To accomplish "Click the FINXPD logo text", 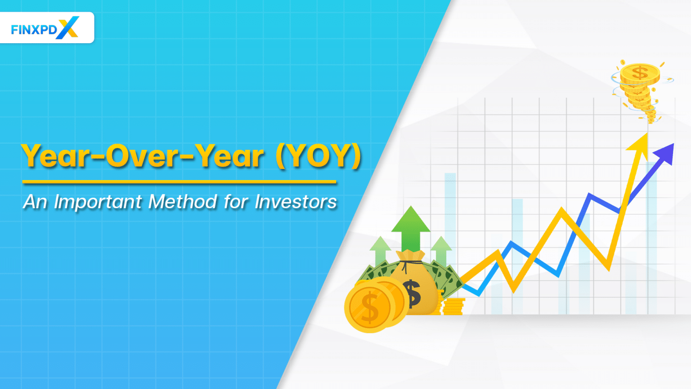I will coord(34,30).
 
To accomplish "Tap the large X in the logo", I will coord(68,27).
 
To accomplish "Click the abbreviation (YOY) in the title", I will coord(319,156).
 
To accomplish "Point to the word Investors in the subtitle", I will coord(296,202).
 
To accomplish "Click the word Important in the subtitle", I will coord(98,202).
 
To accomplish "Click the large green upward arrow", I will coord(410,227).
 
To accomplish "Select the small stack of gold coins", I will coord(453,306).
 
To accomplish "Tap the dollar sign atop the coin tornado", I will coord(639,72).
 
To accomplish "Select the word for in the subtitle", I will coord(236,202).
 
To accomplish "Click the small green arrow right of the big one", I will coord(441,250).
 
